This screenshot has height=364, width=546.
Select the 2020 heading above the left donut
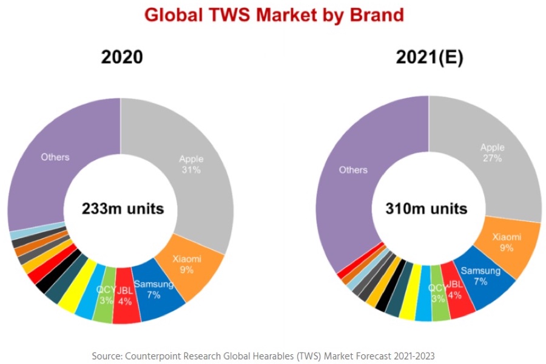121,57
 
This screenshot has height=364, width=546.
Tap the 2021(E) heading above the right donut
429,57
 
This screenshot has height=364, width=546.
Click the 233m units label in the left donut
123,209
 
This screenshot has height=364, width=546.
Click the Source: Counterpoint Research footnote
263,355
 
